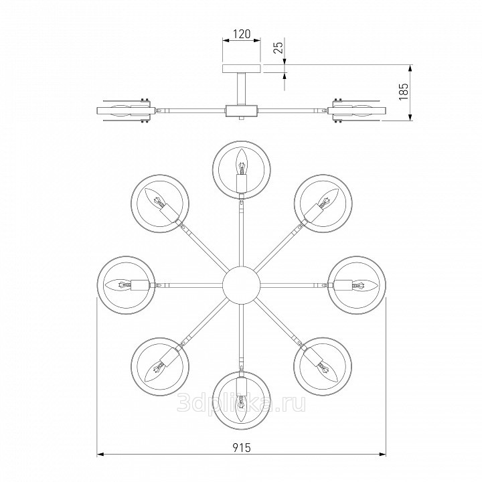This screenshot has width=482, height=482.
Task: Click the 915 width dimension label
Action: tap(241, 448)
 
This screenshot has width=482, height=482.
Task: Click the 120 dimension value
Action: tap(242, 34)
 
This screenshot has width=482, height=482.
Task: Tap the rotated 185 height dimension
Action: tap(403, 91)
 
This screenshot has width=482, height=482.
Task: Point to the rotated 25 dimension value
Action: tap(278, 48)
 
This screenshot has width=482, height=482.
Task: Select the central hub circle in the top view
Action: tap(241, 285)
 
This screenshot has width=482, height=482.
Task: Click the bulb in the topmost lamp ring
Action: tap(241, 162)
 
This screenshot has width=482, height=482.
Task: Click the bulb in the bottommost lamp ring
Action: tap(241, 408)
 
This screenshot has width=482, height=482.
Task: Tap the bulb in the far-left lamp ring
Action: tap(118, 285)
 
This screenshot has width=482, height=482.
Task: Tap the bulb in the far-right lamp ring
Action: tap(365, 285)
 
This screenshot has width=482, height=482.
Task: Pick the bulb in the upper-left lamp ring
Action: tap(155, 197)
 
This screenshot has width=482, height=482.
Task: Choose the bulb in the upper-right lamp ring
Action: tap(327, 198)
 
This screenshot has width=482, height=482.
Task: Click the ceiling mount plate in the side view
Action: tap(242, 68)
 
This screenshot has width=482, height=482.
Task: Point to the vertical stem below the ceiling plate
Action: tap(241, 89)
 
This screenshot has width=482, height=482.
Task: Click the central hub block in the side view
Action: tap(241, 110)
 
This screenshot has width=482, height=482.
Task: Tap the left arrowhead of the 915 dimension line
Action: tap(100, 454)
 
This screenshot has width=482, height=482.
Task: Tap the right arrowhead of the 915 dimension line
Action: tap(383, 454)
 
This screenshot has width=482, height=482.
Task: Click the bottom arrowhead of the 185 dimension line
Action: tap(410, 116)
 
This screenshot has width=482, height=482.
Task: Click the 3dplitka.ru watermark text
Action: tap(241, 403)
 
